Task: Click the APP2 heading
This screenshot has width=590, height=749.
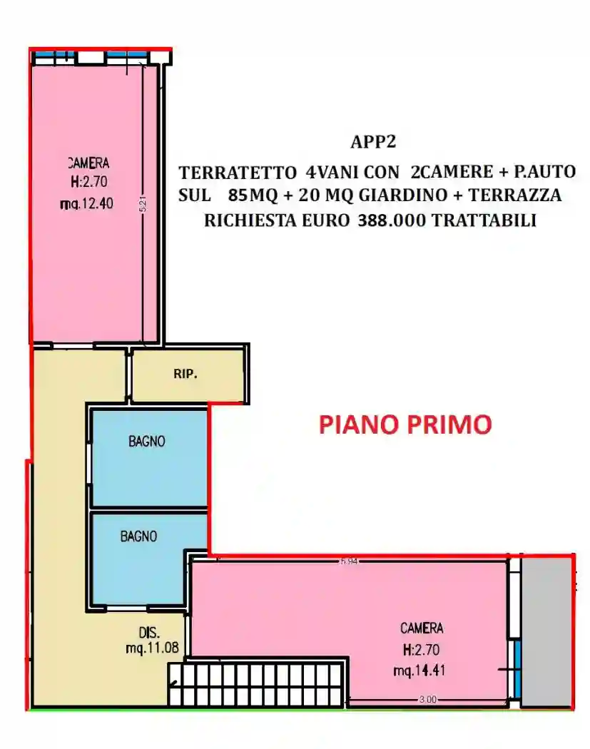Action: point(372,142)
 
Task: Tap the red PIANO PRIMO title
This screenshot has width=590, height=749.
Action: point(405,424)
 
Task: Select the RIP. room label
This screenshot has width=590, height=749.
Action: point(185,374)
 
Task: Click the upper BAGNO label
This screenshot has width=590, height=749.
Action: point(147,442)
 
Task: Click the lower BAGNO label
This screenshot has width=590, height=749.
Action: point(138,536)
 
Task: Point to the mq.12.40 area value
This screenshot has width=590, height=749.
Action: point(87,204)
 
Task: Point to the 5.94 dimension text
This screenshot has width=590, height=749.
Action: point(349,561)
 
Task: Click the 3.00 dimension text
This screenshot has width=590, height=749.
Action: point(427,700)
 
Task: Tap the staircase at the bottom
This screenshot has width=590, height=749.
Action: point(257,685)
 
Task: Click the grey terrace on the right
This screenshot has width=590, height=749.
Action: point(546,632)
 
